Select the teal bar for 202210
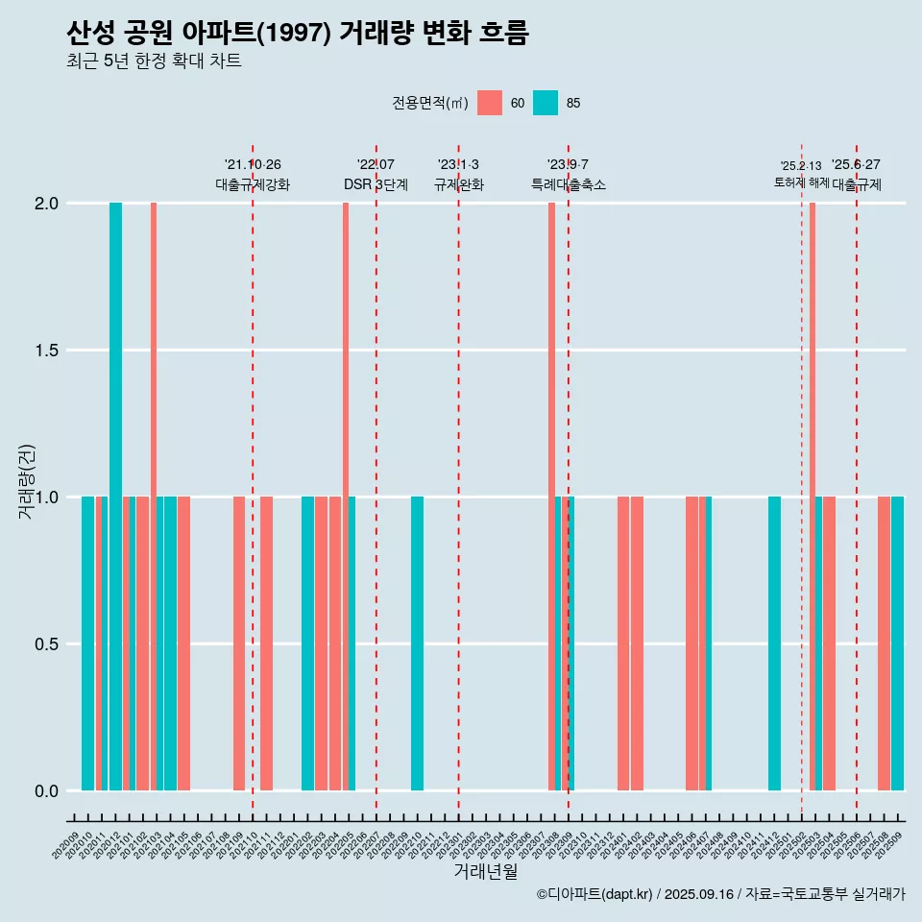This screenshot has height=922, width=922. (x=417, y=643)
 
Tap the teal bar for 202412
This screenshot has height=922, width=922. (x=774, y=643)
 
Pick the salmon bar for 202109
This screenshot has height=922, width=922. (x=239, y=643)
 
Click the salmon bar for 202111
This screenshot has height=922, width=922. (x=266, y=643)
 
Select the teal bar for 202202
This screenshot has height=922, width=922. (x=307, y=643)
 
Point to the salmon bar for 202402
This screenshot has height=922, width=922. (x=637, y=643)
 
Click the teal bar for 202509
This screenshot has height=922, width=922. (x=898, y=643)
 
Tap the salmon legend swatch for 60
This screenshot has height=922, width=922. (x=490, y=103)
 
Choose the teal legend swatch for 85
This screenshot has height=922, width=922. (x=546, y=103)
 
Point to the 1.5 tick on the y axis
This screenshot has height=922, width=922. (x=47, y=351)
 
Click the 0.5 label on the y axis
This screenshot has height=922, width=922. (x=47, y=644)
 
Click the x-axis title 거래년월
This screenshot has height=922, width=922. (x=485, y=872)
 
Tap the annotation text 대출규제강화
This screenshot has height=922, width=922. (x=253, y=184)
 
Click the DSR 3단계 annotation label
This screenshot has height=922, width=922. (x=376, y=184)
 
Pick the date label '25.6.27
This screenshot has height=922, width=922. (x=856, y=165)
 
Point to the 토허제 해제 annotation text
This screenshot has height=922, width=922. (x=801, y=182)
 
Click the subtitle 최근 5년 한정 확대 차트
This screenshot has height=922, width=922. (x=154, y=61)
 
